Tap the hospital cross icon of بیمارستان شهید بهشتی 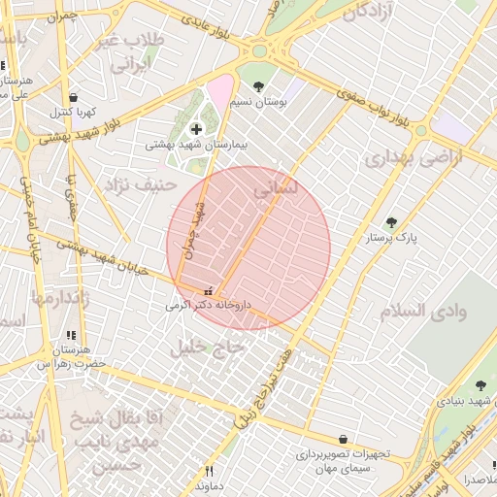(197, 128)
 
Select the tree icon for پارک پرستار (392, 222)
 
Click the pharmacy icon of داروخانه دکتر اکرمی (207, 291)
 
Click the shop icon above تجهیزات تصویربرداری (342, 440)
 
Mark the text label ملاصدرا (479, 480)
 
